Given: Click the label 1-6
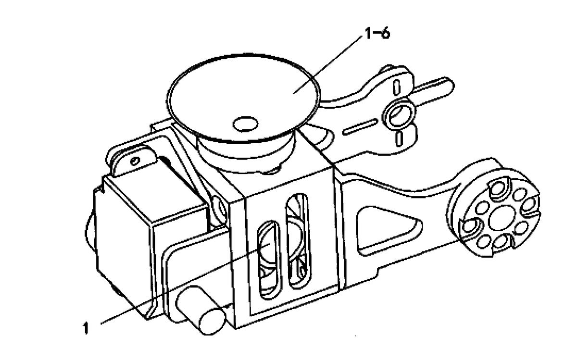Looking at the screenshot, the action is pyautogui.click(x=377, y=34).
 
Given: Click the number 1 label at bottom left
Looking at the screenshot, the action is pyautogui.click(x=86, y=328).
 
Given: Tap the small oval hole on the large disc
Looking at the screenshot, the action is pyautogui.click(x=245, y=124).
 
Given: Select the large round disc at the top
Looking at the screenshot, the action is pyautogui.click(x=243, y=99).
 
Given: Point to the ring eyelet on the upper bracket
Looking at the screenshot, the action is pyautogui.click(x=399, y=114).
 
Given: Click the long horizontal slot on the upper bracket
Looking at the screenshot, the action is pyautogui.click(x=360, y=127).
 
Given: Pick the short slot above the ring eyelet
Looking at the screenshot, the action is pyautogui.click(x=397, y=87).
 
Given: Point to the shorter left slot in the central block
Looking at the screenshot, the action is pyautogui.click(x=270, y=260).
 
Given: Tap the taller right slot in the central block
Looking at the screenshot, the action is pyautogui.click(x=298, y=241).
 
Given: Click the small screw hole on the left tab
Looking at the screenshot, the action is pyautogui.click(x=136, y=161).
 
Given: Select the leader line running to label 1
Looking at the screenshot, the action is pyautogui.click(x=185, y=283).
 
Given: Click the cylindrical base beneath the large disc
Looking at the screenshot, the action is pyautogui.click(x=246, y=152).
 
